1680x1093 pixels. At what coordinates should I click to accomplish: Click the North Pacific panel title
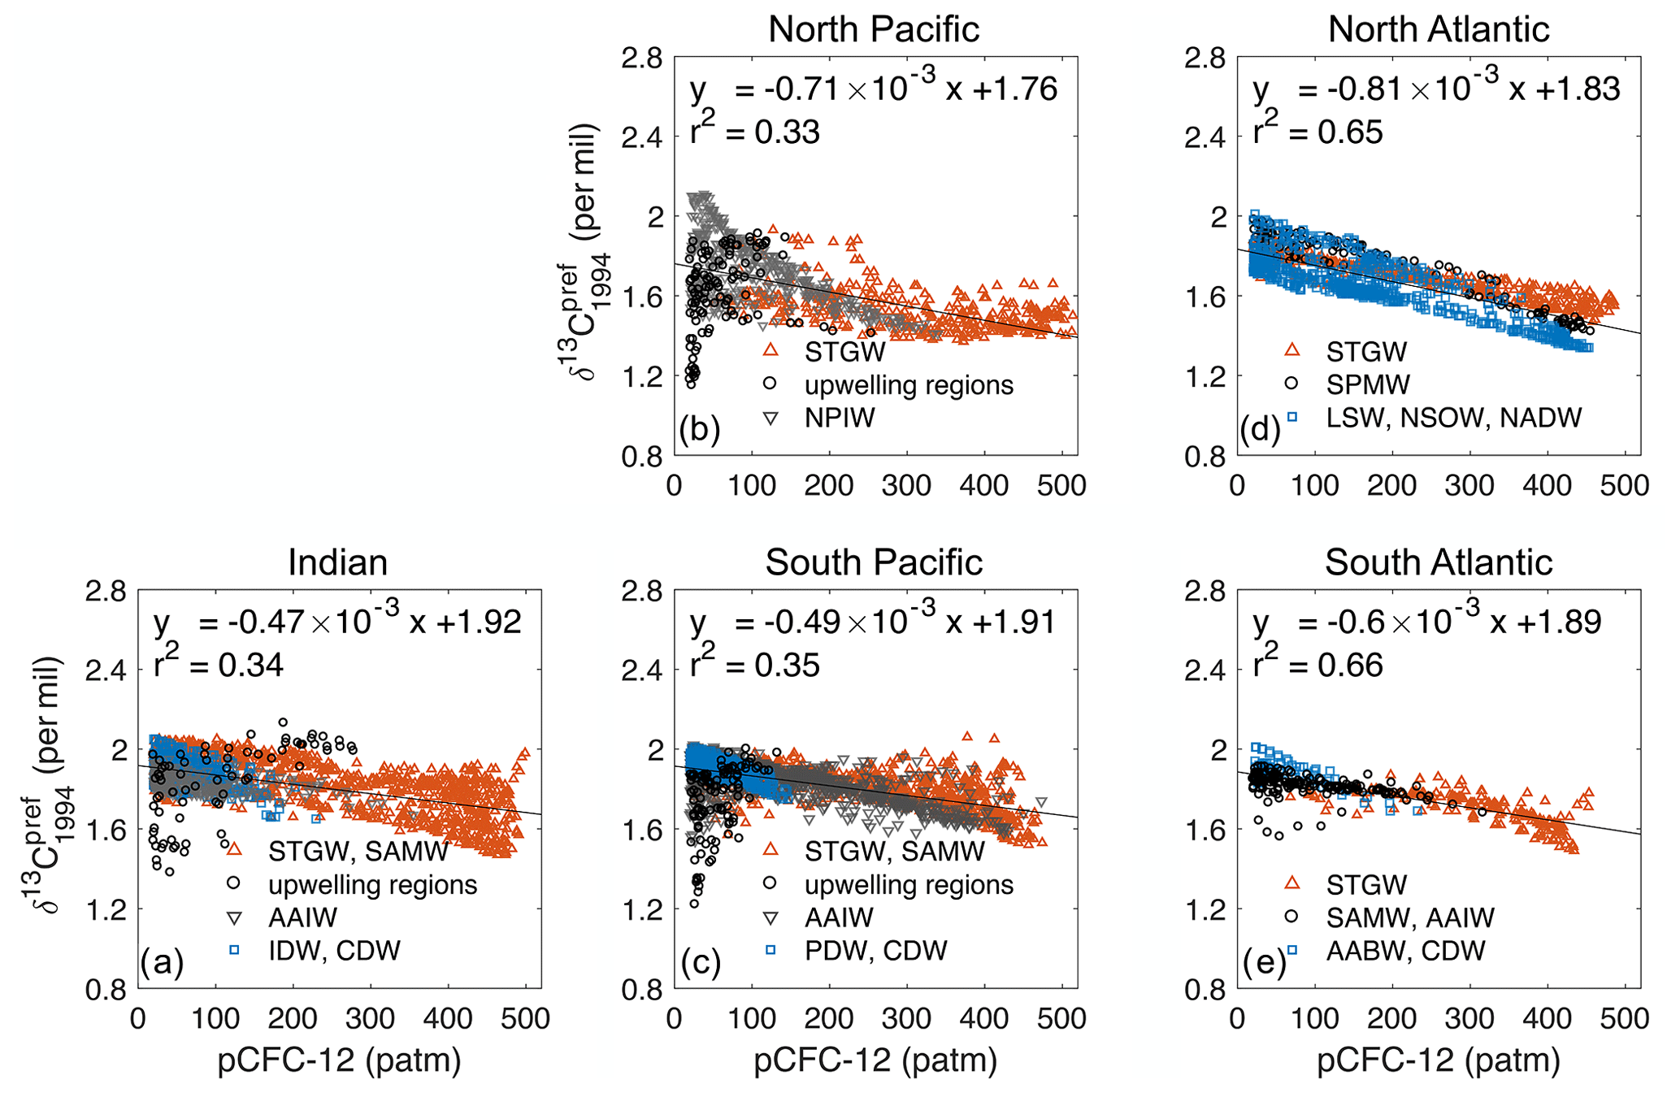[874, 29]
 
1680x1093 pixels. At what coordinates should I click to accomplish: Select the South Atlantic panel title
[1438, 562]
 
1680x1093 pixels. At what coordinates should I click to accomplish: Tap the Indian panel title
[337, 562]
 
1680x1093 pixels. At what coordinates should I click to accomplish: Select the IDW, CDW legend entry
[334, 950]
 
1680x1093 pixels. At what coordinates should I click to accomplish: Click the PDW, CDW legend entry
[875, 950]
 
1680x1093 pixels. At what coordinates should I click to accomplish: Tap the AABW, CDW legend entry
[1405, 950]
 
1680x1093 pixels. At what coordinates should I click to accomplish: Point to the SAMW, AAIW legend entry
[1409, 917]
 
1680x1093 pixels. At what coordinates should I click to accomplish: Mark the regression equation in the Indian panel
[337, 622]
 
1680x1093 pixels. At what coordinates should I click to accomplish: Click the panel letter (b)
[699, 428]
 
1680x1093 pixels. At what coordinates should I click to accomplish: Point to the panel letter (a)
[162, 961]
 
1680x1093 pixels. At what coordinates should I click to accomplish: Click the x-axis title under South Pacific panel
[875, 1060]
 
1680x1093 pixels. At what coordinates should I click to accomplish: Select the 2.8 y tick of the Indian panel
[106, 591]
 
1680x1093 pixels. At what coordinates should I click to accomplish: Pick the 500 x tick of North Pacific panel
[1061, 485]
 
